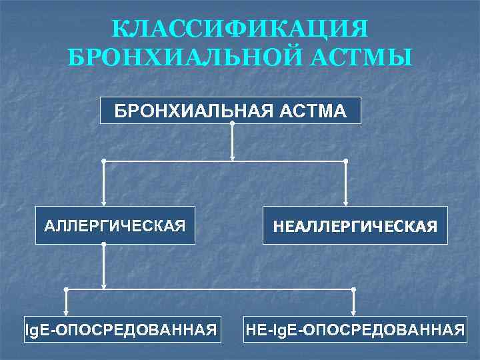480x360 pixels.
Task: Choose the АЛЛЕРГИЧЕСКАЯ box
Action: point(115,225)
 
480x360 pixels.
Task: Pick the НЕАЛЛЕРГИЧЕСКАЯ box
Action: point(355,226)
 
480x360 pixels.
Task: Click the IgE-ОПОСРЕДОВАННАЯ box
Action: point(121,329)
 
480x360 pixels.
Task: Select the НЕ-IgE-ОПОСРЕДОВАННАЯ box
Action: point(355,329)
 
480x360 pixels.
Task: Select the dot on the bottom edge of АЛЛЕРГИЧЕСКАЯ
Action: point(104,245)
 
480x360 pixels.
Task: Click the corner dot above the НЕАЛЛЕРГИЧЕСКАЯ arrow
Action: point(345,161)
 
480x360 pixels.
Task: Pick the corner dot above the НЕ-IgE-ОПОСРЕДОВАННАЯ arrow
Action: point(353,289)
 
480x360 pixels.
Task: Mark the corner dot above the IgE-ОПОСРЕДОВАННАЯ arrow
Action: point(66,289)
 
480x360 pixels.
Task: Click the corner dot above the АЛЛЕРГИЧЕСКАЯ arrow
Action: point(104,161)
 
